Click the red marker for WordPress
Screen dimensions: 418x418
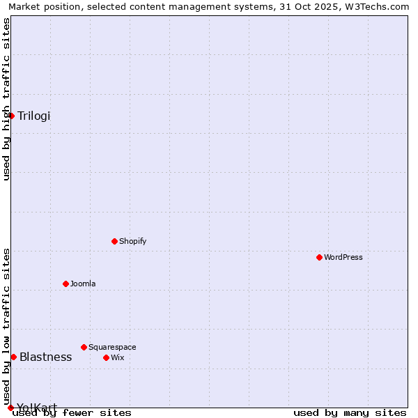click(x=319, y=257)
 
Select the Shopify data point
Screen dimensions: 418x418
click(x=114, y=241)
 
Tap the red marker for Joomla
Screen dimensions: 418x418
click(x=65, y=284)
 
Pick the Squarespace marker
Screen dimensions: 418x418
click(x=84, y=347)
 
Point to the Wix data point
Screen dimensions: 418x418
click(x=106, y=357)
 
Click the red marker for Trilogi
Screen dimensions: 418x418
click(x=12, y=116)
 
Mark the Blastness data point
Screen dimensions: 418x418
click(x=13, y=357)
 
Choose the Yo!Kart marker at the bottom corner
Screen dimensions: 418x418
click(x=10, y=408)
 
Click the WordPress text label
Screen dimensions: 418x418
click(x=343, y=258)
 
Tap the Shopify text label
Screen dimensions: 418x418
click(x=132, y=242)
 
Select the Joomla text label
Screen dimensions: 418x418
click(x=83, y=284)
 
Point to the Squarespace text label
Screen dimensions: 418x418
click(x=112, y=348)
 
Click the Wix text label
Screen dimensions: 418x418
click(x=118, y=358)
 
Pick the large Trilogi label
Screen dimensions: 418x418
click(x=34, y=116)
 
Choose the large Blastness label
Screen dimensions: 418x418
click(x=45, y=357)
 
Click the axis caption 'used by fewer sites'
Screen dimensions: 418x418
click(x=72, y=413)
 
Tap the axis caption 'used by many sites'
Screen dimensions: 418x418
click(x=350, y=413)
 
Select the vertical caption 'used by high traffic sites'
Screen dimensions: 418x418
click(x=6, y=99)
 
